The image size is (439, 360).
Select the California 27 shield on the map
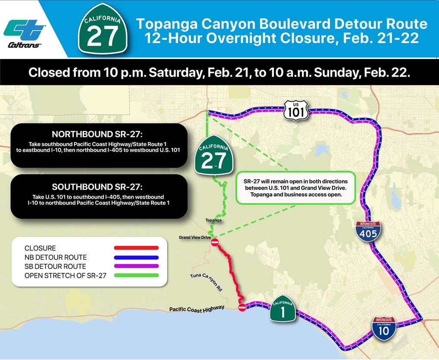[214, 157]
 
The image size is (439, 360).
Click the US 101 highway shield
[296, 110]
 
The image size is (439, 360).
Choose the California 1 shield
[283, 310]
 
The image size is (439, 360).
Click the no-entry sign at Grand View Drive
[215, 243]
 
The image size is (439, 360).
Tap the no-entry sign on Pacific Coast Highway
[242, 307]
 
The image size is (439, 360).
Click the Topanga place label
[214, 220]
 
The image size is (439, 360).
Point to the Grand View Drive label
[195, 238]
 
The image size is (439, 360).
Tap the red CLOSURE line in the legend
[136, 248]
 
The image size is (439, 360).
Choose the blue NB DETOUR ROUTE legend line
[136, 257]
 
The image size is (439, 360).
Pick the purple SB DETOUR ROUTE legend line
[136, 266]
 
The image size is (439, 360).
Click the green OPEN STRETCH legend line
[136, 275]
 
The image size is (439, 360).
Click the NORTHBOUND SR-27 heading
[98, 134]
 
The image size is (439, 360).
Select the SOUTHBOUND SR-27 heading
[98, 187]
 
